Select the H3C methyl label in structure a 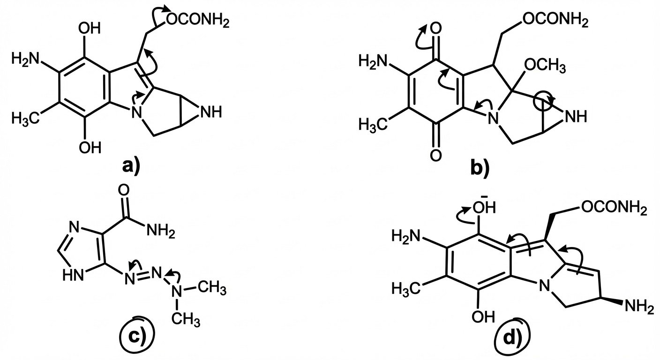click(x=23, y=119)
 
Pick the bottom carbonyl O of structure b click(x=435, y=154)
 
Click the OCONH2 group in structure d click(x=615, y=206)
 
